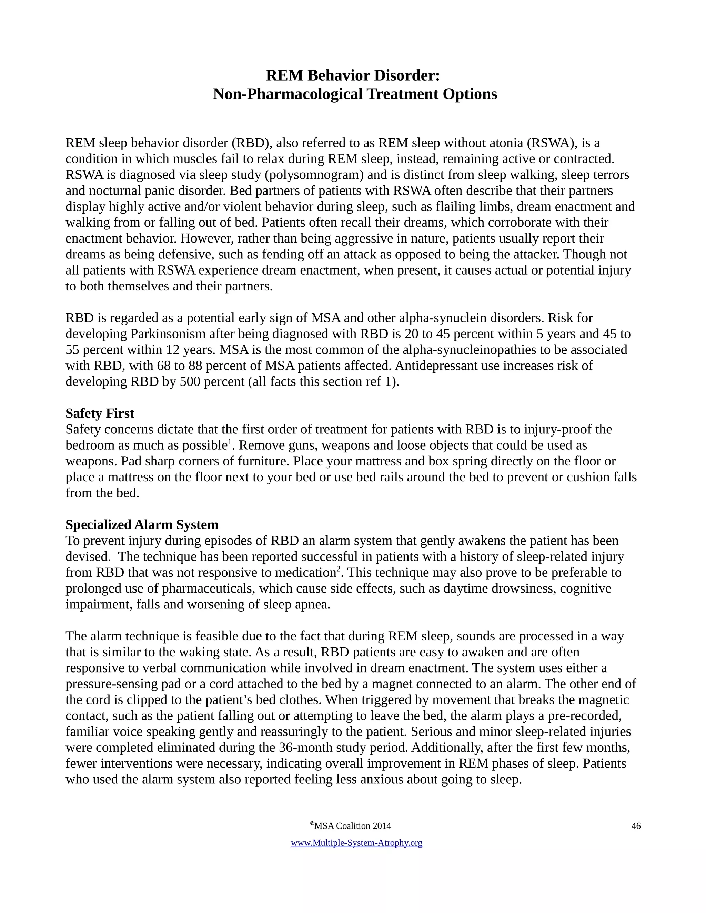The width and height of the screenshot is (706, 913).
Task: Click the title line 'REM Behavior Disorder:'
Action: [x=353, y=76]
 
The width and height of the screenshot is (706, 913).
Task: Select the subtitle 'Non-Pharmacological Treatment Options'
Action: [x=355, y=94]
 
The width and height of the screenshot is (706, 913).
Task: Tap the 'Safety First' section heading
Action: [x=100, y=413]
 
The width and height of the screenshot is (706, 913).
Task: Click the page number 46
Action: [x=636, y=825]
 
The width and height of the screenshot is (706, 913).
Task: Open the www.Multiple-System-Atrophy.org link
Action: [x=356, y=843]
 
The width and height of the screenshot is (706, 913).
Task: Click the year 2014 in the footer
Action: [x=382, y=826]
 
